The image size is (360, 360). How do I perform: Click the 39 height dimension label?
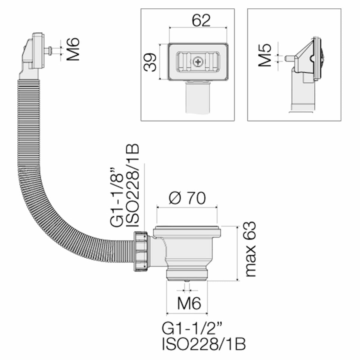click(x=150, y=62)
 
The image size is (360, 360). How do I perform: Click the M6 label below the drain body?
click(x=188, y=304)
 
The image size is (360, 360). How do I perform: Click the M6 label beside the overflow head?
click(x=73, y=49)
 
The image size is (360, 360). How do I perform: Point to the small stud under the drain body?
click(x=187, y=281)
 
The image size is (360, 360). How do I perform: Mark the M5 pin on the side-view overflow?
click(x=289, y=58)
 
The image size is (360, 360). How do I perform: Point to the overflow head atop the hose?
click(x=34, y=51)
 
